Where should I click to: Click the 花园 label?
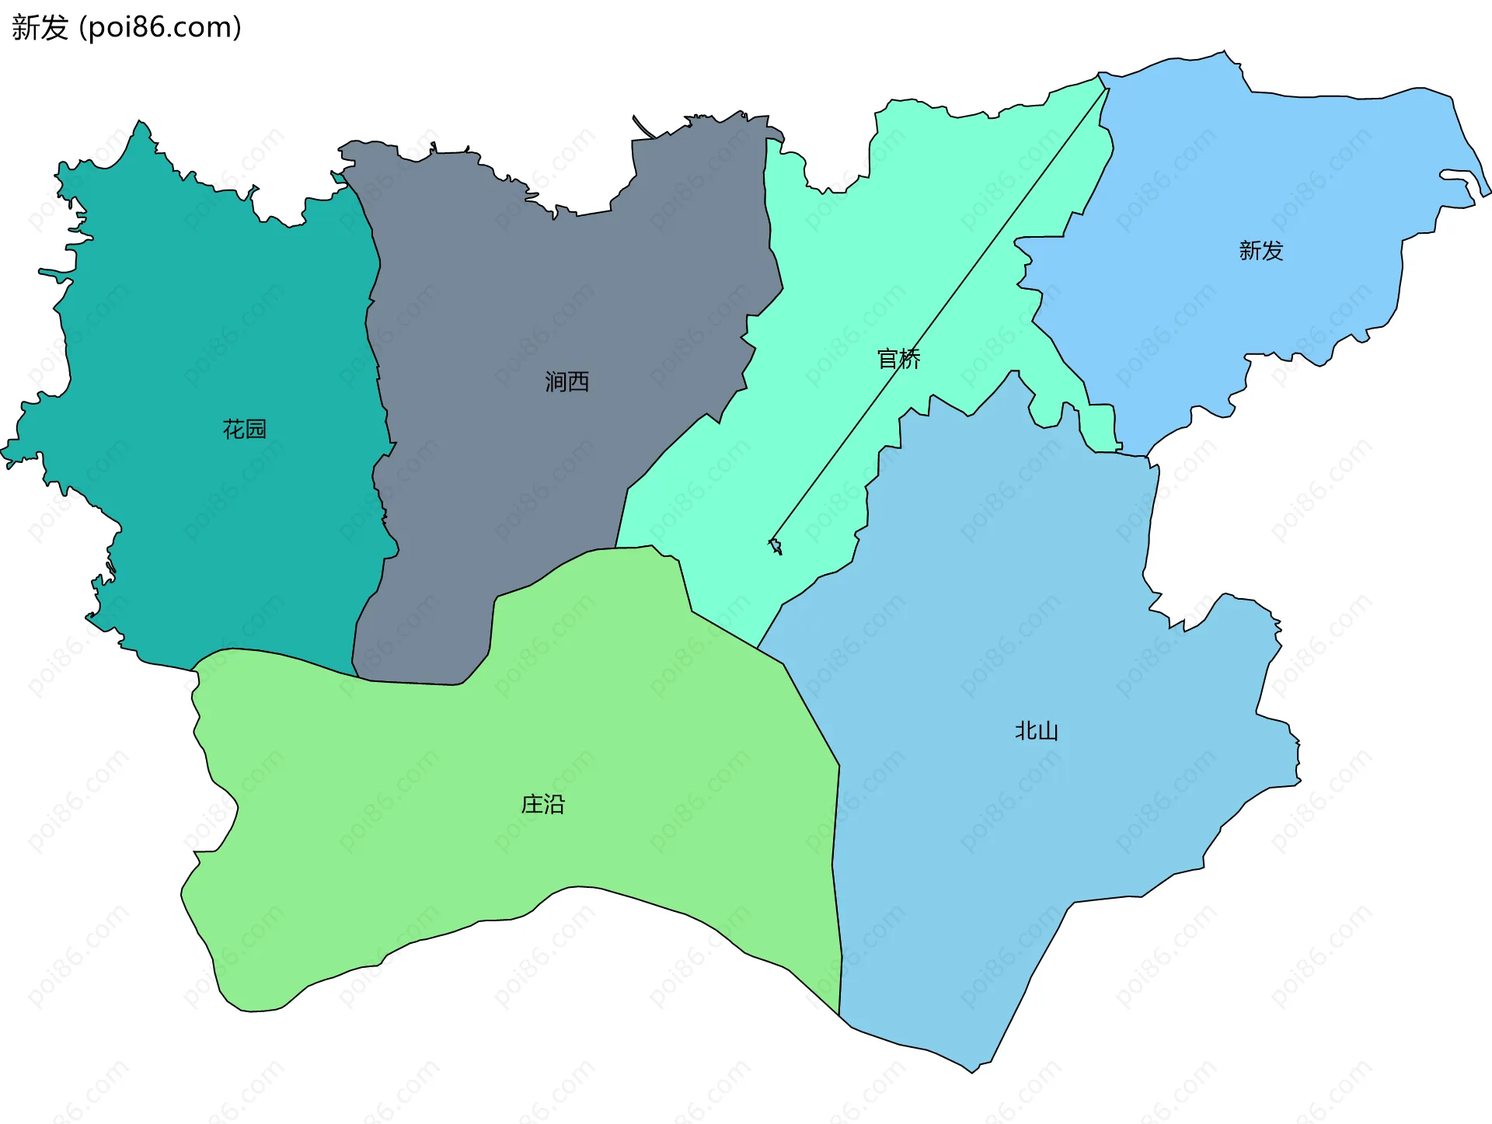click(x=244, y=430)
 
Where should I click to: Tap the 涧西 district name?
click(x=566, y=381)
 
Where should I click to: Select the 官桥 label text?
click(x=898, y=359)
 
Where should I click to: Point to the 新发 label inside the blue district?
click(x=1260, y=250)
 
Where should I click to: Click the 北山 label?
click(x=1036, y=731)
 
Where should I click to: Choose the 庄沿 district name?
click(x=542, y=804)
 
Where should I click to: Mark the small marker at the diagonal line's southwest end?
click(x=775, y=546)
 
